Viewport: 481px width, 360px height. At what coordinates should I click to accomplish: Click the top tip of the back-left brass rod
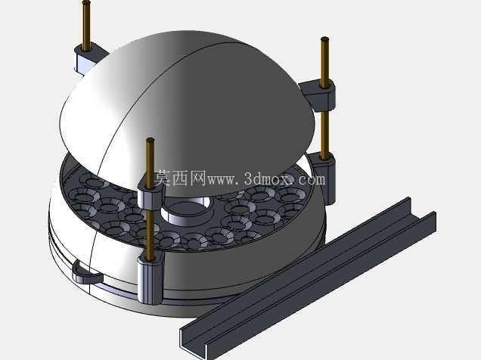[x=86, y=2]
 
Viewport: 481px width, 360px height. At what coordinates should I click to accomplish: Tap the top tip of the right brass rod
[x=325, y=39]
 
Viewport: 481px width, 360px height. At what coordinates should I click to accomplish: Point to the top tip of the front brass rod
[x=150, y=140]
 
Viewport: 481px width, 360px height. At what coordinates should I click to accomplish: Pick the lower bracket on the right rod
[x=324, y=176]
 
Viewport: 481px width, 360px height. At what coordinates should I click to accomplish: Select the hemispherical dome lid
[x=187, y=113]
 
